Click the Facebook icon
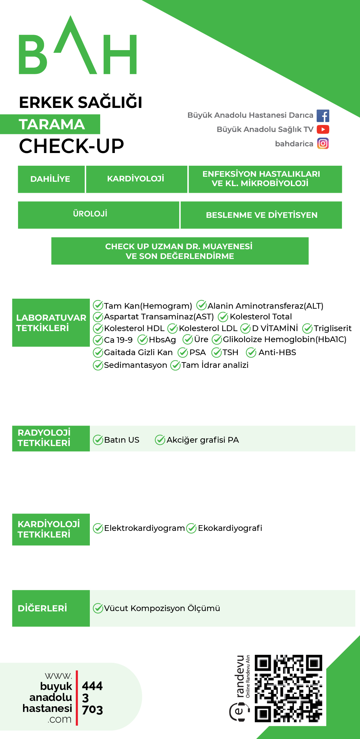[323, 116]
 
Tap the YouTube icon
[323, 129]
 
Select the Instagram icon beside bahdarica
[323, 144]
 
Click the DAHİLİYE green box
[51, 179]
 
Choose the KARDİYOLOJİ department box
[136, 179]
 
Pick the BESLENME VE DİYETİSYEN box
[261, 215]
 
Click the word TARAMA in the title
[52, 125]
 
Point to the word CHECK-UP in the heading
[71, 146]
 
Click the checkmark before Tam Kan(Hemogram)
[98, 305]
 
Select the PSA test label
[197, 352]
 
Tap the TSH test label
[230, 352]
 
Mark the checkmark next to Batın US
[98, 440]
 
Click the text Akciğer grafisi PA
[202, 440]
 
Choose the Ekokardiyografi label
[230, 528]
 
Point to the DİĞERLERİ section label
[43, 608]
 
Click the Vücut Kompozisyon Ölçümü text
[162, 608]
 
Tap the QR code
[289, 689]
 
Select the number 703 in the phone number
[93, 710]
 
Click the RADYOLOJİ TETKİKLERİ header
[44, 438]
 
